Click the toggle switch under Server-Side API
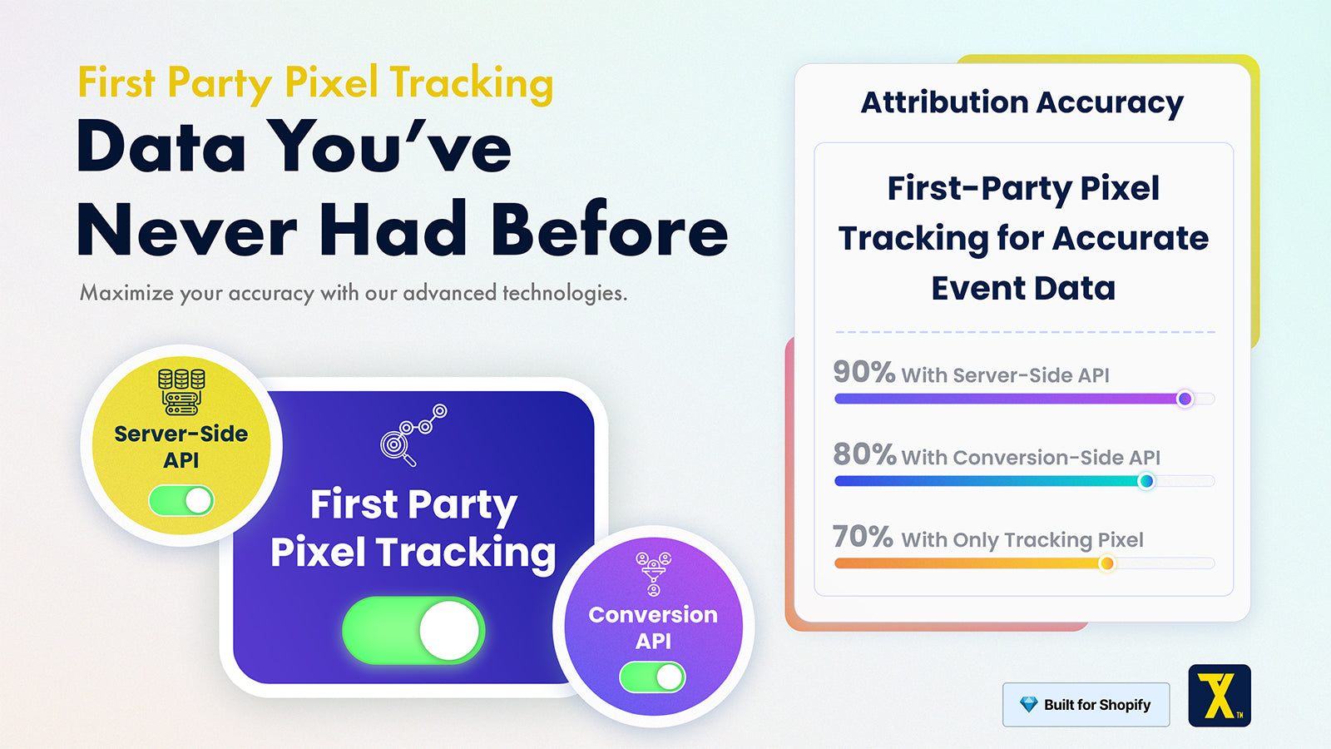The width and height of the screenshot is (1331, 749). tap(181, 500)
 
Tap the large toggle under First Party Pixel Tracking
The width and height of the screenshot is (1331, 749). tap(413, 630)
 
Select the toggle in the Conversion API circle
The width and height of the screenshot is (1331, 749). tap(652, 677)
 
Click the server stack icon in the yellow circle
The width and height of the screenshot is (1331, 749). tap(181, 391)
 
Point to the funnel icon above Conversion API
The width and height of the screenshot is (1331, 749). tap(653, 573)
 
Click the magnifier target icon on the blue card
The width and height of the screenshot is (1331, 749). tap(413, 435)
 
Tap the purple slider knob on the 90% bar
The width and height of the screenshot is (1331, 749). tap(1185, 399)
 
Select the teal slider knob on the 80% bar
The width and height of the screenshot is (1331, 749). tap(1146, 481)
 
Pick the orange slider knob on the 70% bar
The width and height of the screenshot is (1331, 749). tap(1106, 563)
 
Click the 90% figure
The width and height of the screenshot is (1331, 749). tap(863, 372)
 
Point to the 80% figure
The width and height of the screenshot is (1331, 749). tap(864, 454)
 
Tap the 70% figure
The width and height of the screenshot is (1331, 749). tap(862, 536)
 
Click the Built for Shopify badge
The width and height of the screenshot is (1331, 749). tap(1086, 704)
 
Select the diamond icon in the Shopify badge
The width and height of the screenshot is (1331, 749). tap(1028, 704)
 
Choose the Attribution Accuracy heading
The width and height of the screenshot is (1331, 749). tap(1022, 102)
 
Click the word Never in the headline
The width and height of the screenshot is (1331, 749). tap(186, 230)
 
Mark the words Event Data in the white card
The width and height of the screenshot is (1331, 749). tap(1023, 288)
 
